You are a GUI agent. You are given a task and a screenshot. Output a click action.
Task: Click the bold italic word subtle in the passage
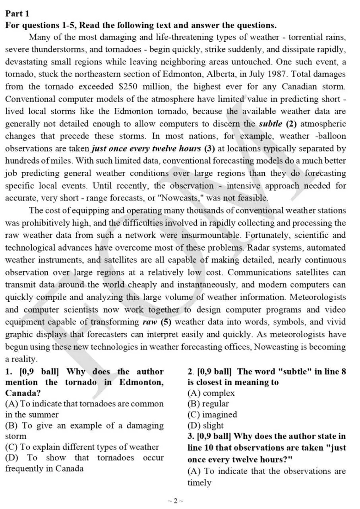tap(271, 124)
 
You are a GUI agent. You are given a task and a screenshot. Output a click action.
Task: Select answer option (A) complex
tap(211, 393)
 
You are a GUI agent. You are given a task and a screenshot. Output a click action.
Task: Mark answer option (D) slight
tap(205, 425)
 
